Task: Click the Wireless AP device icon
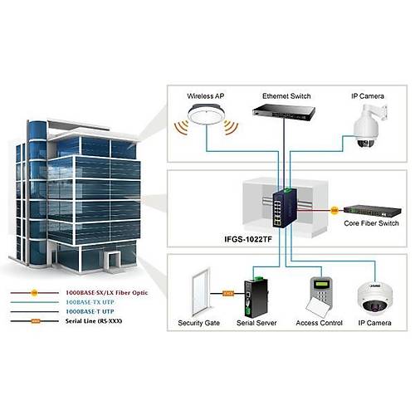pos(205,120)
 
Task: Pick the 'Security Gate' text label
pos(198,322)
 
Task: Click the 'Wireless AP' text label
pos(206,96)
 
